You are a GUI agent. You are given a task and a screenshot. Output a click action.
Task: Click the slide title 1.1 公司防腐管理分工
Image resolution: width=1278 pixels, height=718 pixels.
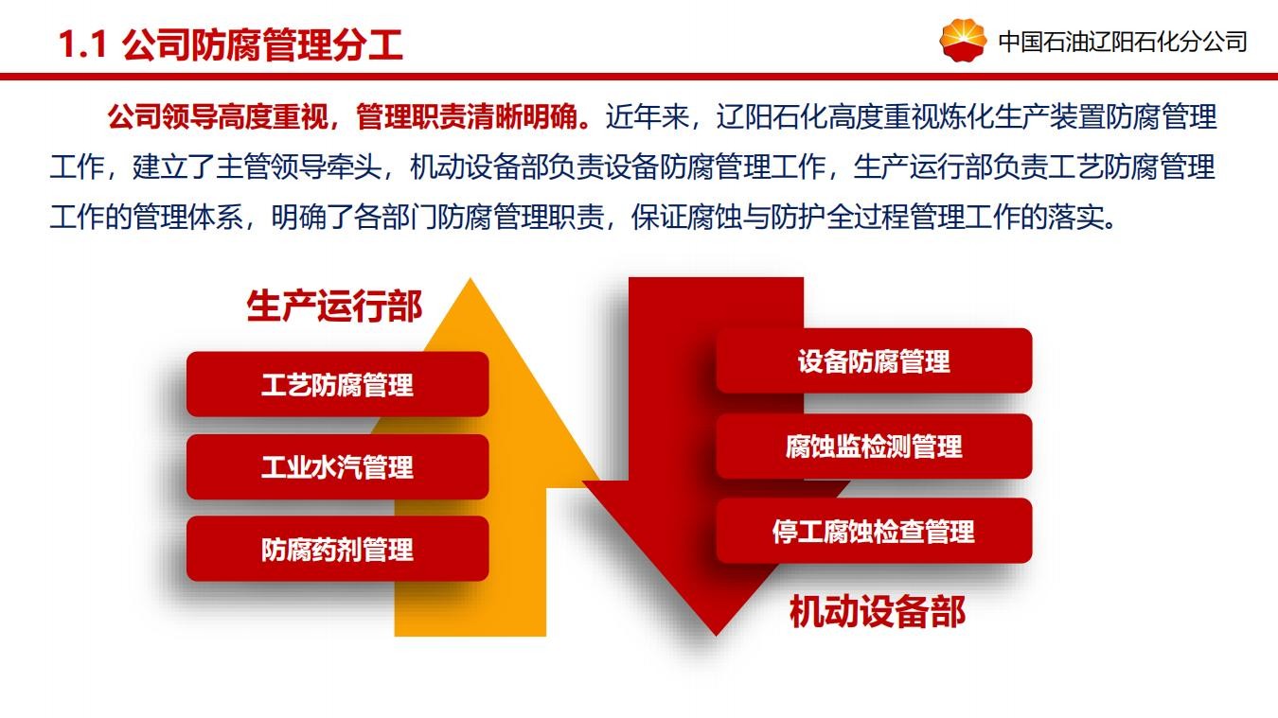pyautogui.click(x=231, y=45)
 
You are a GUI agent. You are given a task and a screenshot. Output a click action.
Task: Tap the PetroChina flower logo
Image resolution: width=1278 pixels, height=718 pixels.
pyautogui.click(x=963, y=39)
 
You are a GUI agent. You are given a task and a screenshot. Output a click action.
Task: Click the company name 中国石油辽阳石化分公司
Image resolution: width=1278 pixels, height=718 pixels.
pyautogui.click(x=1123, y=43)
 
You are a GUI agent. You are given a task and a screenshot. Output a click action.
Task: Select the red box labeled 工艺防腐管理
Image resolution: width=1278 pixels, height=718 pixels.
pyautogui.click(x=338, y=384)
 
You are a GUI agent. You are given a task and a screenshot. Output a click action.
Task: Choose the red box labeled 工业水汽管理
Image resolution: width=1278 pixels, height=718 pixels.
pyautogui.click(x=338, y=466)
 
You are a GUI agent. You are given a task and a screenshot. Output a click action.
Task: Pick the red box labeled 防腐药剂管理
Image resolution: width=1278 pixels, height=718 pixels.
pyautogui.click(x=338, y=549)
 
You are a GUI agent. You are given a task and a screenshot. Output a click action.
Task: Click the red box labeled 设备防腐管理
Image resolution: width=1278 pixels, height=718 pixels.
pyautogui.click(x=874, y=360)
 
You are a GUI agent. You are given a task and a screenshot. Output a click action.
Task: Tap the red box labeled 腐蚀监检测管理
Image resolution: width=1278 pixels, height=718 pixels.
pyautogui.click(x=874, y=446)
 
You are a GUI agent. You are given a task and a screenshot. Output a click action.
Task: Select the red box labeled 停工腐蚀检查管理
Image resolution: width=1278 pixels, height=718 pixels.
pyautogui.click(x=874, y=531)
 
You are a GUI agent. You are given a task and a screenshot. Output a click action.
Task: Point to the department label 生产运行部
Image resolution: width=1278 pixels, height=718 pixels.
pyautogui.click(x=334, y=306)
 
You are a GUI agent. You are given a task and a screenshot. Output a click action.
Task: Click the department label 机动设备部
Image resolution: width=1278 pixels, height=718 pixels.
pyautogui.click(x=878, y=611)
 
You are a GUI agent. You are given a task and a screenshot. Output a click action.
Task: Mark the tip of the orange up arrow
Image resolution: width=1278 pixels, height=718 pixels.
pyautogui.click(x=470, y=279)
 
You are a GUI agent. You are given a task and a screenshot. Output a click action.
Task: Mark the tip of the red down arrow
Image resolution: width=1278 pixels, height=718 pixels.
pyautogui.click(x=716, y=635)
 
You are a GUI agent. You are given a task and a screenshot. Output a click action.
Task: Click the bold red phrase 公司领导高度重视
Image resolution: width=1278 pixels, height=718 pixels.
pyautogui.click(x=218, y=117)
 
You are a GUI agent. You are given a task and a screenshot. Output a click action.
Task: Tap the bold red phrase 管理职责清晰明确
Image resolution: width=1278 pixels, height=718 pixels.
pyautogui.click(x=467, y=117)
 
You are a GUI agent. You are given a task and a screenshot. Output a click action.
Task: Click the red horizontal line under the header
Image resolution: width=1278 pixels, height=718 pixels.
pyautogui.click(x=639, y=77)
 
